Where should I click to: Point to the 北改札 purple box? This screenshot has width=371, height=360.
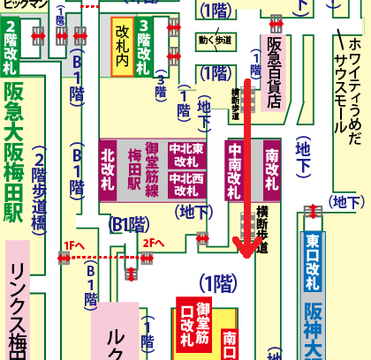click(x=110, y=168)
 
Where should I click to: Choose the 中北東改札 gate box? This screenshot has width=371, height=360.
click(x=188, y=155)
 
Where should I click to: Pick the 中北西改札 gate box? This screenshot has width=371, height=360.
click(x=188, y=183)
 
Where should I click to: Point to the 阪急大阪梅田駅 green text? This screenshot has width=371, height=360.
click(x=14, y=169)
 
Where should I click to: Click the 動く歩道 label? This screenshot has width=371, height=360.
click(x=216, y=39)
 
